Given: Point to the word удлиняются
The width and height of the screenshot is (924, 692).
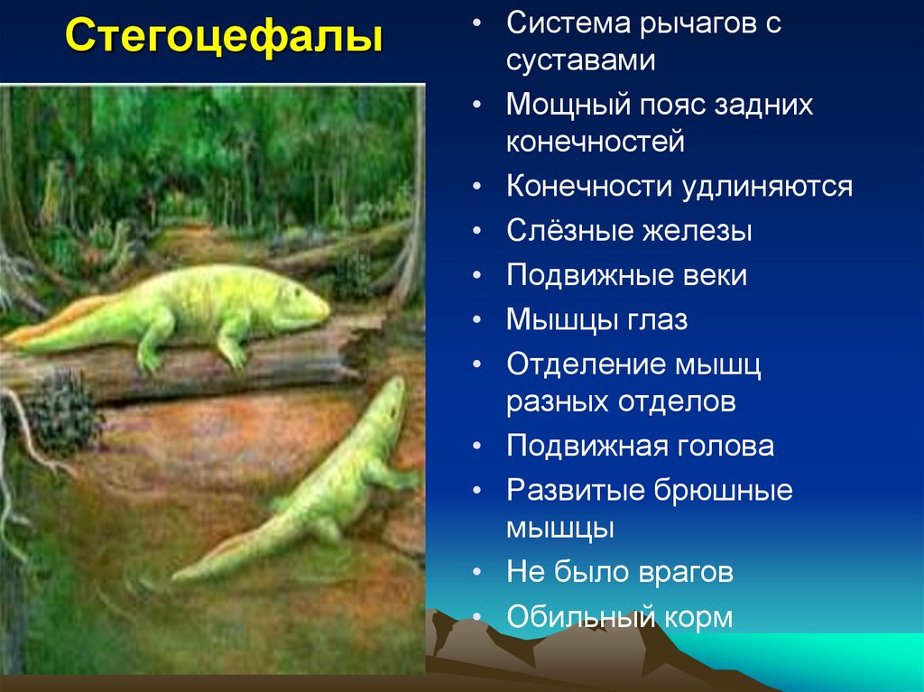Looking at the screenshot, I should coord(767,187).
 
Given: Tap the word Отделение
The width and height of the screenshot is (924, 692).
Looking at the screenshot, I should coord(584,364).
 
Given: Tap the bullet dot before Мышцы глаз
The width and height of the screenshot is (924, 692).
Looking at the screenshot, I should coord(476,321).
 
